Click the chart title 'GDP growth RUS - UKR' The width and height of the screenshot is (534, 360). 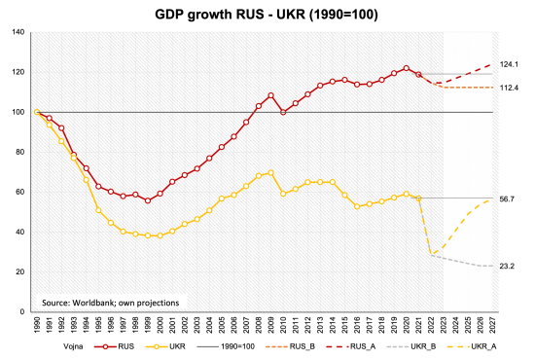(267, 17)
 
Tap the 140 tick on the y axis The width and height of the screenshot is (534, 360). (18, 32)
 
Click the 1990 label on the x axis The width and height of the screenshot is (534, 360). (36, 324)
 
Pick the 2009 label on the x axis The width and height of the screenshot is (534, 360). (270, 324)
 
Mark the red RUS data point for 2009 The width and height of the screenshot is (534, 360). (270, 95)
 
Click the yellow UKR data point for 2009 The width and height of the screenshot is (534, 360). (270, 172)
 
